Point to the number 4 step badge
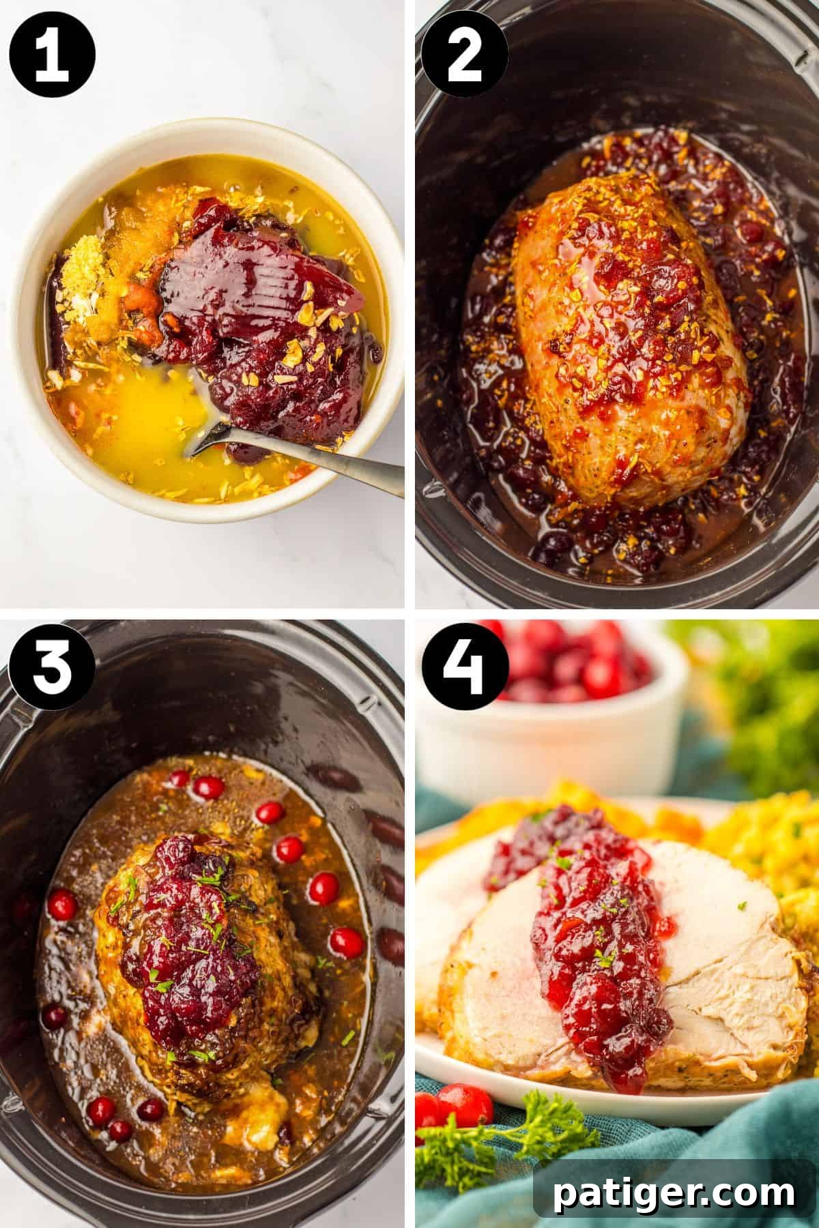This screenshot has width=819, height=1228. pos(465,665)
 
